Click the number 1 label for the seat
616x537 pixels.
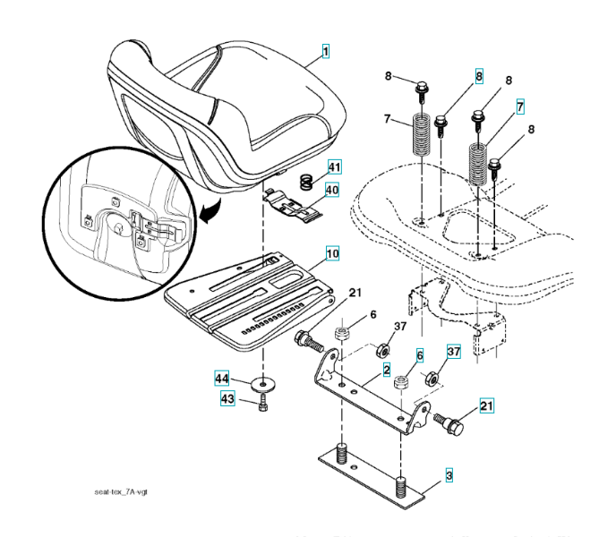(x=325, y=53)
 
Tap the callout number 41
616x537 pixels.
(x=333, y=167)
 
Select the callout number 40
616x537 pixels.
(x=332, y=190)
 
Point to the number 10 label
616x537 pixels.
(x=332, y=254)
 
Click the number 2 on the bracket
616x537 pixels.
(x=385, y=369)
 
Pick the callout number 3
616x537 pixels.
(x=449, y=474)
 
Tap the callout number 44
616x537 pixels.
(x=220, y=378)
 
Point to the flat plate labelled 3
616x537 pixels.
(x=376, y=470)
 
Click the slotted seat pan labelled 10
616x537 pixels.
(x=251, y=295)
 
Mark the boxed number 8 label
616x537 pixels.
(x=479, y=78)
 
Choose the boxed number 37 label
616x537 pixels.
(x=454, y=352)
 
